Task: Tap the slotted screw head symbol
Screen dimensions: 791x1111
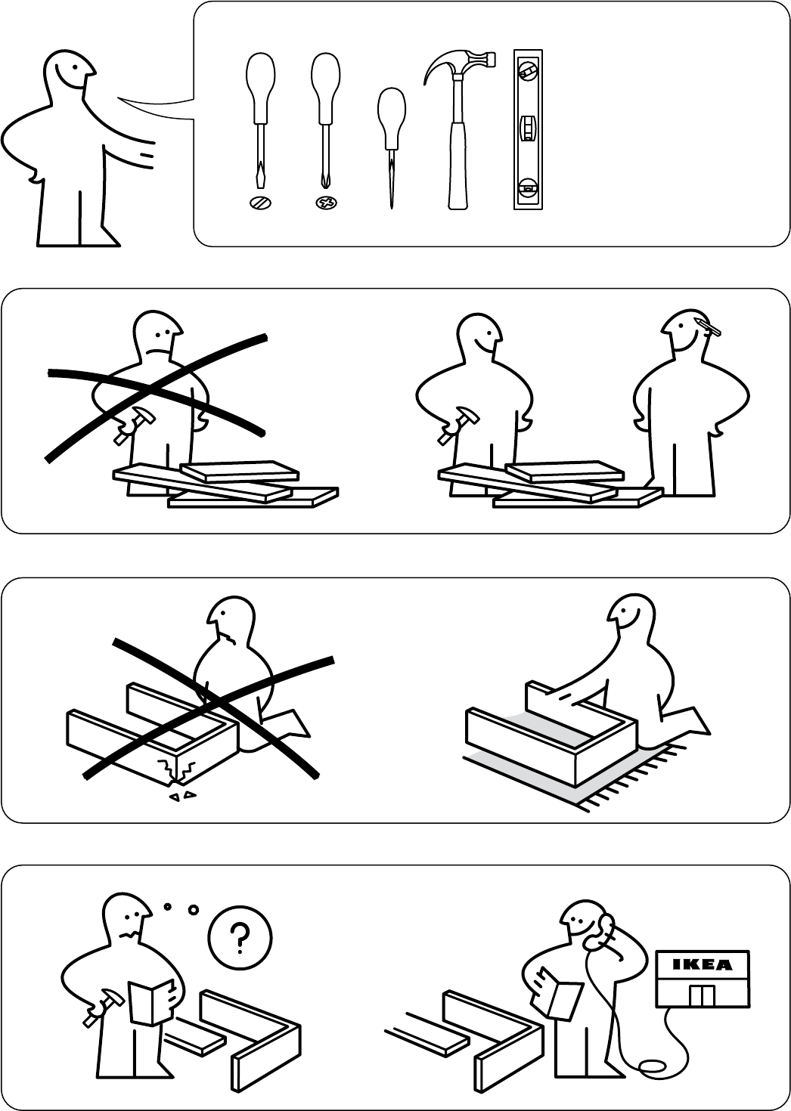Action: pos(261,203)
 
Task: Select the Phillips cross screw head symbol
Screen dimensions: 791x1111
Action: pos(326,203)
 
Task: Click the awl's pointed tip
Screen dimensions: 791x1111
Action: pos(392,207)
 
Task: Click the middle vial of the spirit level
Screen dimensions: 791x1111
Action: pos(528,127)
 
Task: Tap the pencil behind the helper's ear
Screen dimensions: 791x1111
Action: pos(708,326)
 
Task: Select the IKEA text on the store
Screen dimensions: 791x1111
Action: pos(703,964)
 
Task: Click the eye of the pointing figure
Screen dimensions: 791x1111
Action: pos(74,67)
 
